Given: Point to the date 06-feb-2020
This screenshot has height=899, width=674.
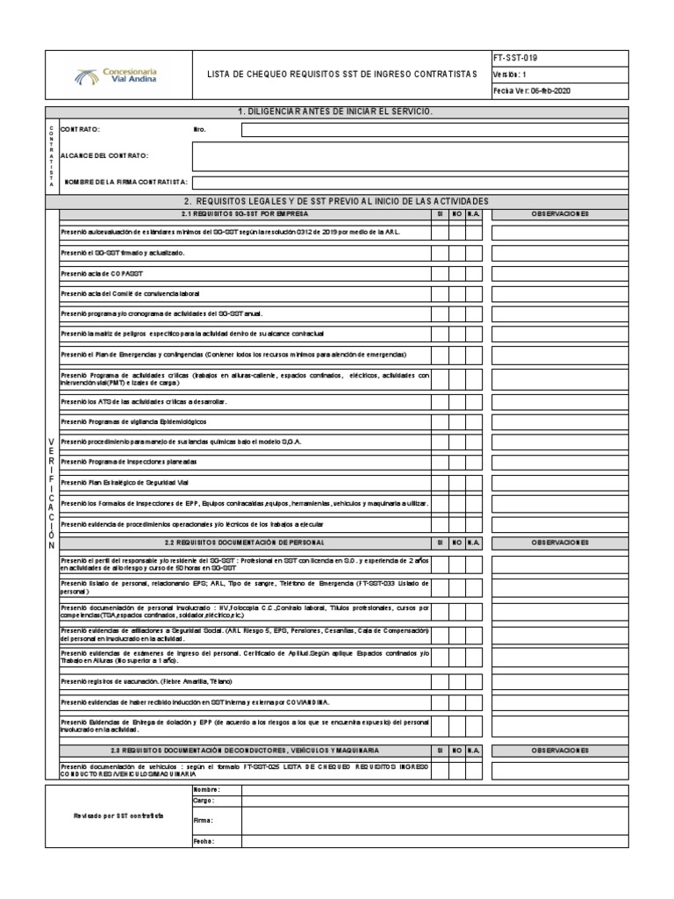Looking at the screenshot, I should tap(545, 91).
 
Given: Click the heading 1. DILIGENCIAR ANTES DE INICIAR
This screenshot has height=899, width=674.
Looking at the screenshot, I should tap(336, 111).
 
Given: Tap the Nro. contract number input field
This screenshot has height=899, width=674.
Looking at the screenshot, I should tap(434, 130).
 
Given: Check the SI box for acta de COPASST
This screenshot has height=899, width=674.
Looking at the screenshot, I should tap(439, 273).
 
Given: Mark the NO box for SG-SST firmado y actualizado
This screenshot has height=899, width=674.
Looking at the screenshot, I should tap(456, 253).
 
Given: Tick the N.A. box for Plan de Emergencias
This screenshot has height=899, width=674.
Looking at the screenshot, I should tap(474, 354).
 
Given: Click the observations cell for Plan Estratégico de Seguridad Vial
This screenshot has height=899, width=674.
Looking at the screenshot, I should tap(559, 483).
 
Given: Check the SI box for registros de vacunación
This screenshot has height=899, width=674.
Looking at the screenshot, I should tap(439, 681).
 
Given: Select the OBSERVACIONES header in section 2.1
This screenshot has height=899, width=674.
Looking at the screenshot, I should tap(559, 213).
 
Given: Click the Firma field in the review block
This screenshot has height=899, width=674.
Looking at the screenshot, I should tap(434, 820).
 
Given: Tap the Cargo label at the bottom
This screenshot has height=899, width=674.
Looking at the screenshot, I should tap(203, 801).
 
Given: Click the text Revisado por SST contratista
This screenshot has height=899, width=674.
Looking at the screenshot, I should tap(118, 816).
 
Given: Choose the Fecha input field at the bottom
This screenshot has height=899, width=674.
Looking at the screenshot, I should tap(434, 841).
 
